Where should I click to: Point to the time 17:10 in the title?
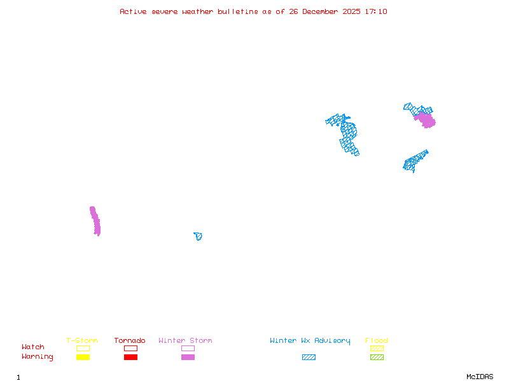coord(377,11)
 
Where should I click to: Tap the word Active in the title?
coord(133,11)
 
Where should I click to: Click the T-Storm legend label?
coord(82,341)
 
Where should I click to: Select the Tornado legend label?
coord(130,341)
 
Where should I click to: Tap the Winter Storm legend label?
coord(185,341)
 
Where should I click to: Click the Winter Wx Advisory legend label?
coord(310,341)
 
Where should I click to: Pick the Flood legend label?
coord(377,341)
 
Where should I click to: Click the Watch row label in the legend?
coord(33,347)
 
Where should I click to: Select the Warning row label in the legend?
coord(38,357)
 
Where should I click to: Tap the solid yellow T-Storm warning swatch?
coord(83,358)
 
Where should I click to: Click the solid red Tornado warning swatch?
coord(130,358)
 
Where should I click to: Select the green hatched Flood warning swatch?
coord(377,358)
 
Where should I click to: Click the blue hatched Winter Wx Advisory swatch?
coord(309,358)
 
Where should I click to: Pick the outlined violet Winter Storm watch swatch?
coord(188,348)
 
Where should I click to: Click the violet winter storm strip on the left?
coord(95,221)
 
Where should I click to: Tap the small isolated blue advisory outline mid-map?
coord(199,236)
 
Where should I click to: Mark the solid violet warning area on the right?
coord(425,119)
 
